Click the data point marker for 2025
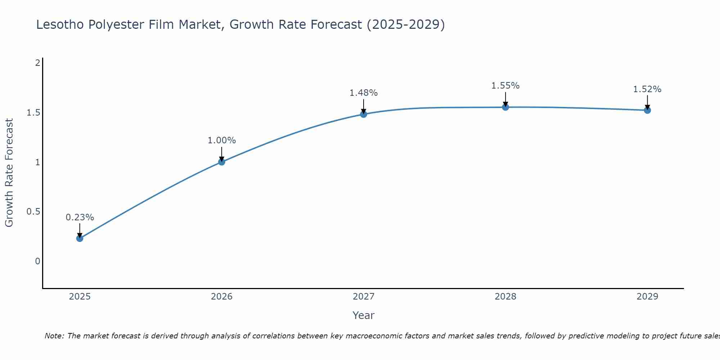pyautogui.click(x=80, y=238)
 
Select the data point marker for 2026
pyautogui.click(x=221, y=162)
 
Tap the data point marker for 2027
pyautogui.click(x=364, y=114)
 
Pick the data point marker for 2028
pyautogui.click(x=505, y=107)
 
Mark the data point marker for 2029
pyautogui.click(x=647, y=110)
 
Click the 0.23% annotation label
pyautogui.click(x=80, y=217)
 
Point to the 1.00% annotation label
pyautogui.click(x=221, y=140)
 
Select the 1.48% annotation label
pyautogui.click(x=364, y=93)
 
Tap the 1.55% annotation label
pyautogui.click(x=505, y=86)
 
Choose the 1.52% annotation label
pyautogui.click(x=647, y=89)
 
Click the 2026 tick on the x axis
pyautogui.click(x=221, y=297)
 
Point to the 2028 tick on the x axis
pyautogui.click(x=505, y=297)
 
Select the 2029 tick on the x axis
pyautogui.click(x=647, y=297)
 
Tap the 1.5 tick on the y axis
pyautogui.click(x=33, y=113)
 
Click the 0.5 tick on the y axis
pyautogui.click(x=33, y=212)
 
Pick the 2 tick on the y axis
pyautogui.click(x=37, y=63)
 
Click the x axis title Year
pyautogui.click(x=364, y=315)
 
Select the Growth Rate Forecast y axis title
pyautogui.click(x=9, y=173)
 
